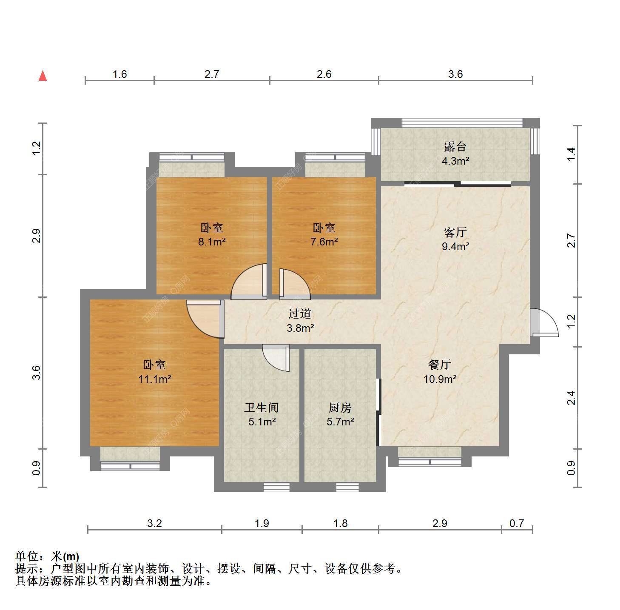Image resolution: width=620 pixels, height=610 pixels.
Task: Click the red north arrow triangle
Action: [x=43, y=76]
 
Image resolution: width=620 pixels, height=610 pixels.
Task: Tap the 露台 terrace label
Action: [x=455, y=147]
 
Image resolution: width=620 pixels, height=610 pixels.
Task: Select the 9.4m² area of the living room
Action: [x=455, y=247]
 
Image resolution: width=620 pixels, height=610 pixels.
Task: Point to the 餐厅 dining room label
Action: [x=440, y=365]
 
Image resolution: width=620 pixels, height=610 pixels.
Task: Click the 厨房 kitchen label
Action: [x=340, y=408]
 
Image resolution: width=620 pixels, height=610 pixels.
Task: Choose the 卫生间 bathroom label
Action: [x=261, y=408]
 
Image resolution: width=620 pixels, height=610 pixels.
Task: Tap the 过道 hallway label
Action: [x=300, y=314]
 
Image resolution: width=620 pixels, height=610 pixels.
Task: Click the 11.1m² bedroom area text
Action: [x=154, y=379]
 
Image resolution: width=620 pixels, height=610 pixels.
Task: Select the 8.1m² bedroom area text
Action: [x=212, y=242]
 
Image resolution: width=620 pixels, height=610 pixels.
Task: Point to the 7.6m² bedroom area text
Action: [x=324, y=242]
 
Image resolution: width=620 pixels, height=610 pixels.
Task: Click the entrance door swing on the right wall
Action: [x=544, y=322]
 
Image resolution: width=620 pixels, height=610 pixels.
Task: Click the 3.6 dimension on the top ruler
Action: [x=455, y=74]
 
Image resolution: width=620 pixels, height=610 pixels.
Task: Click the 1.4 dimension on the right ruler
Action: [x=571, y=154]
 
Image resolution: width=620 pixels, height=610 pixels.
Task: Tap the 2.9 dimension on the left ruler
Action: [x=36, y=236]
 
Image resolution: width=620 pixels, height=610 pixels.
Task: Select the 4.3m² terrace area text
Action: [x=455, y=161]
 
